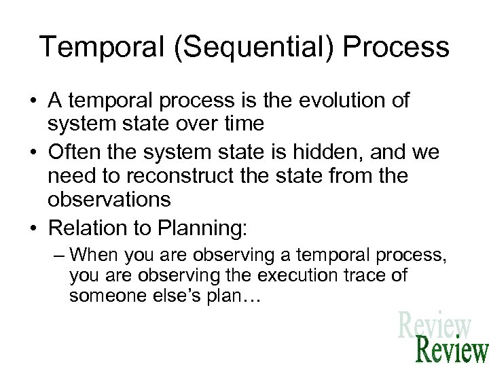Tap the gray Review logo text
click(435, 325)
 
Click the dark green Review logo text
click(452, 350)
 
